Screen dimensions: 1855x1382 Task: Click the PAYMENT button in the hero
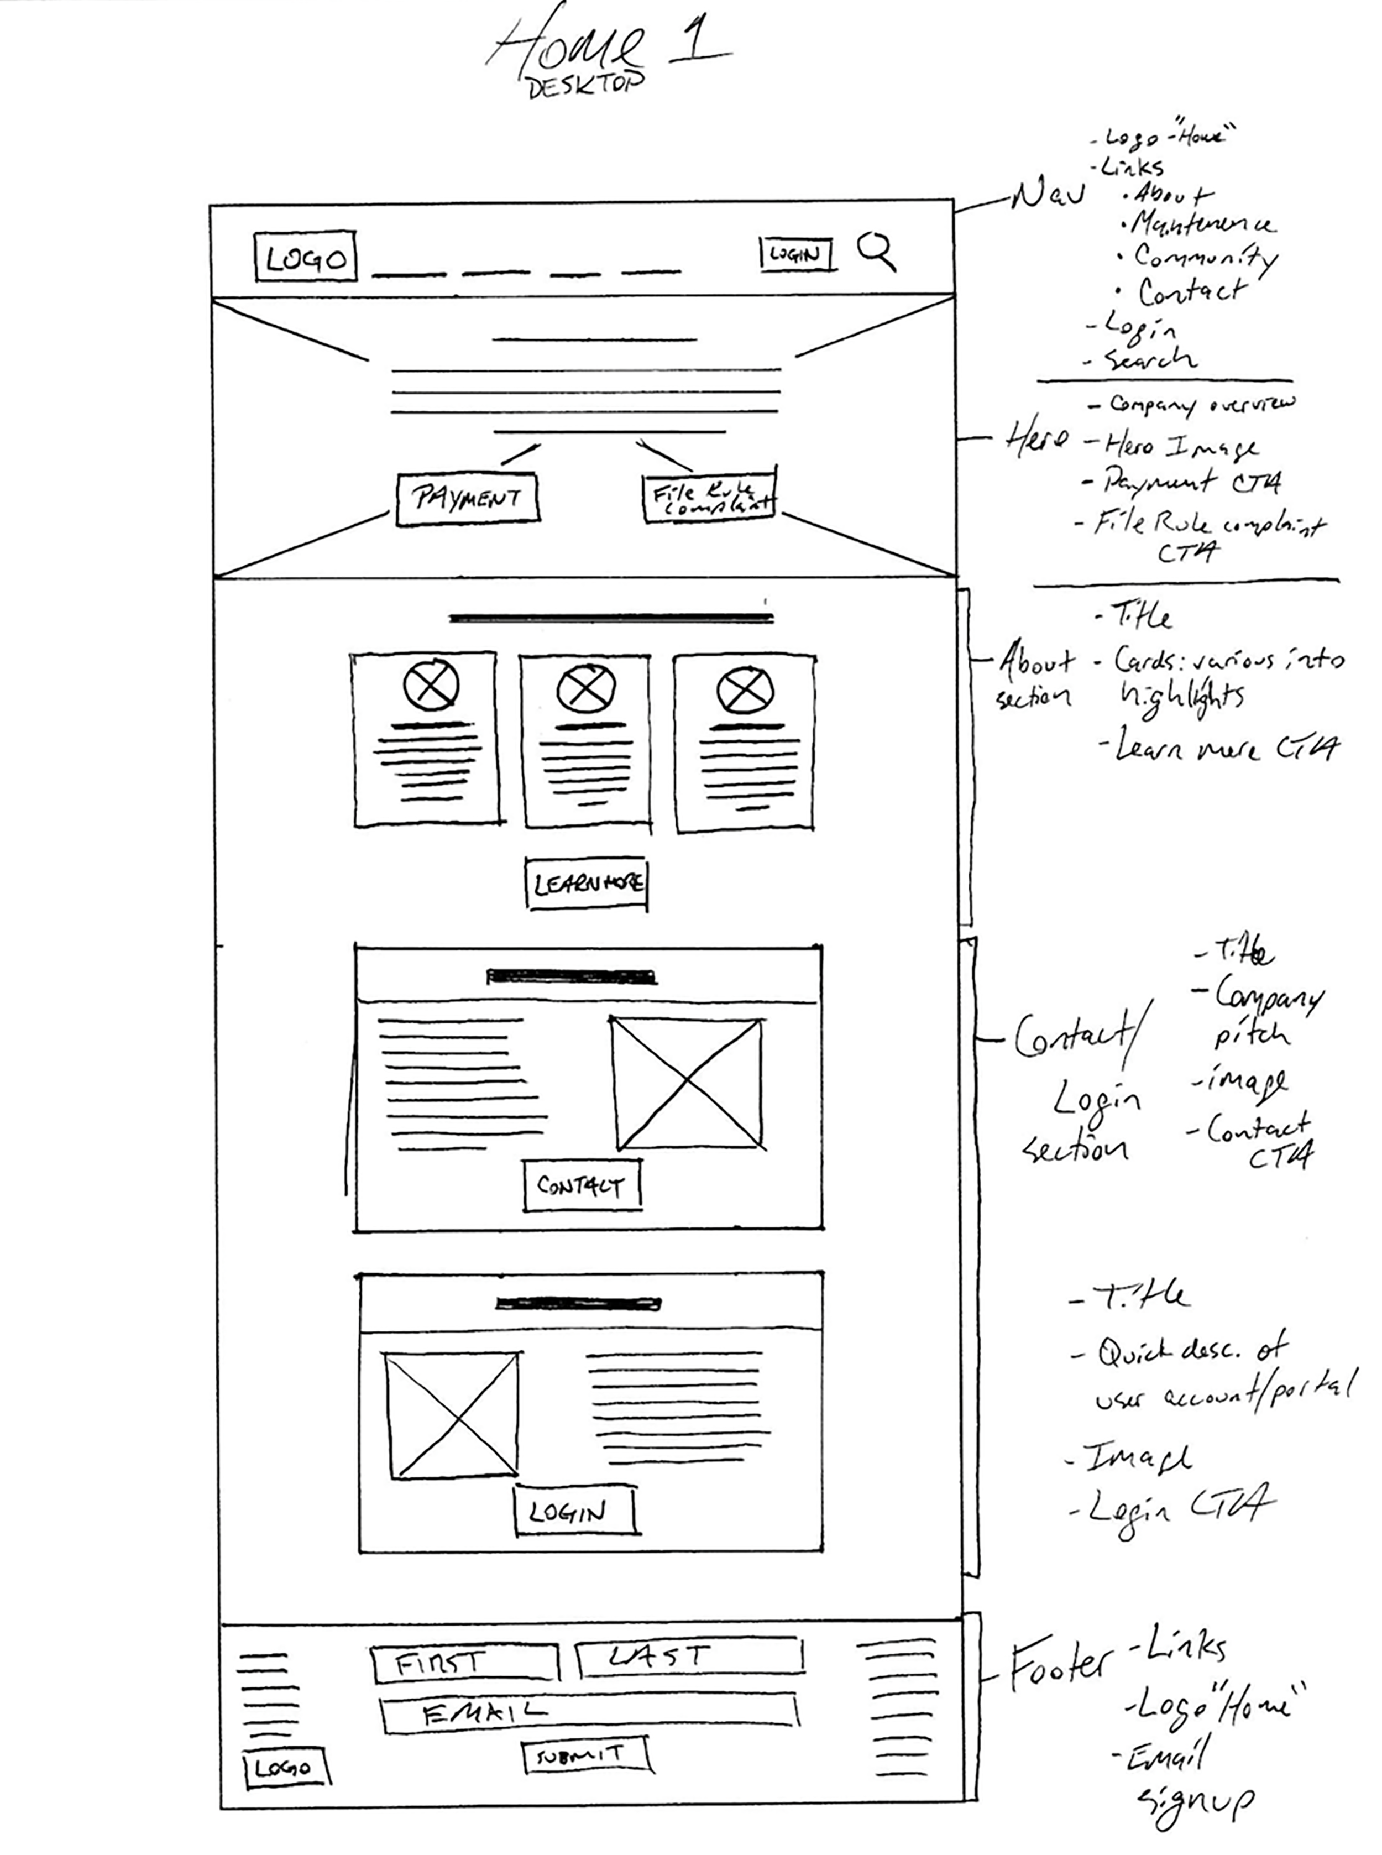click(x=467, y=499)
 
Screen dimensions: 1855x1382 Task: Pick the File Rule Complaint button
click(x=709, y=499)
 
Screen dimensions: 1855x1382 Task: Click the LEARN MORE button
click(x=587, y=883)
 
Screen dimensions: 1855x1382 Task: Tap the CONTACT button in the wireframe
click(x=582, y=1185)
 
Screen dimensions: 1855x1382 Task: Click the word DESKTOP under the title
click(x=585, y=87)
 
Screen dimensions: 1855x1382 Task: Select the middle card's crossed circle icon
click(x=585, y=688)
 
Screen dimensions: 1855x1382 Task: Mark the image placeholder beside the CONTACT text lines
click(x=688, y=1083)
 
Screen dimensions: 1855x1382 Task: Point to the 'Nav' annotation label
click(x=1048, y=197)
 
